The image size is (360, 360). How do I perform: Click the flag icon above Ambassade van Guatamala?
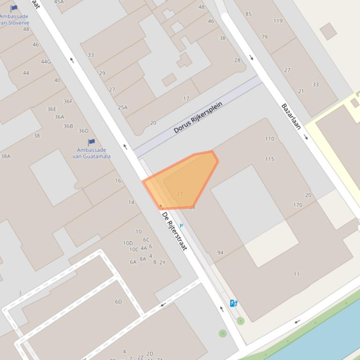[91, 142]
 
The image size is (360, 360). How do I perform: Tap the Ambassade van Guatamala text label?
[91, 153]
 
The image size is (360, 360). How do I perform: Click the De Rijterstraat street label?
[174, 231]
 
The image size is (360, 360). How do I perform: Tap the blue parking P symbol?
[181, 226]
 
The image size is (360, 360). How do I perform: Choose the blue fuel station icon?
[233, 303]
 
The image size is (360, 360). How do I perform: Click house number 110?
[270, 139]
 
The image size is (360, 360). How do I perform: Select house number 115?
[270, 159]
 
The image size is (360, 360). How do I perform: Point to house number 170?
[297, 205]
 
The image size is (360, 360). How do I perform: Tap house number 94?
[220, 252]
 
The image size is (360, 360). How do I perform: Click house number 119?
[278, 21]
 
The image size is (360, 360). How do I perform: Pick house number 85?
[248, 14]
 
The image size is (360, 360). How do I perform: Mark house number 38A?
[6, 156]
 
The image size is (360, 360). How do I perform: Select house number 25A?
[123, 108]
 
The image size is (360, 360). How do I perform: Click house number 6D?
[118, 302]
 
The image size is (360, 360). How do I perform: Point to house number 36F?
[68, 101]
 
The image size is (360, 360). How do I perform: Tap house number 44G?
[45, 62]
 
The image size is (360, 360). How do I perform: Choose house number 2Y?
[162, 262]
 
